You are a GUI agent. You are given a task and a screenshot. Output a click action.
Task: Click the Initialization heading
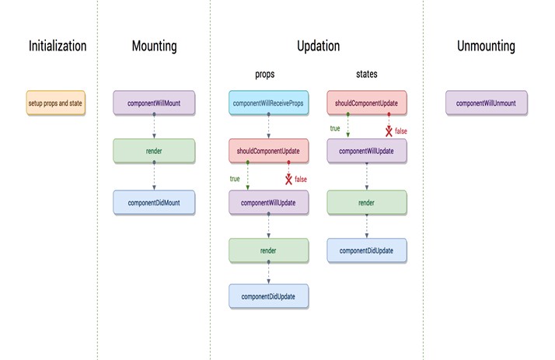pyautogui.click(x=58, y=46)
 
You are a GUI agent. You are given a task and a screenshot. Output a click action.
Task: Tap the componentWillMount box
pyautogui.click(x=154, y=103)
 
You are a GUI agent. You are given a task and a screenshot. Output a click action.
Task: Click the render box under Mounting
pyautogui.click(x=154, y=152)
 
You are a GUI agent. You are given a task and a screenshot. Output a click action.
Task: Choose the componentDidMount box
pyautogui.click(x=154, y=201)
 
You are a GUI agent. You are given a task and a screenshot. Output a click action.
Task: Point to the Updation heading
pyautogui.click(x=318, y=46)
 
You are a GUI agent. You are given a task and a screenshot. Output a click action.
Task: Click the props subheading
pyautogui.click(x=266, y=75)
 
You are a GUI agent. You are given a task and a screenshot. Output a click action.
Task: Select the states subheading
pyautogui.click(x=365, y=75)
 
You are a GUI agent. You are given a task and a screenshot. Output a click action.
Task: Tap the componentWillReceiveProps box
pyautogui.click(x=268, y=103)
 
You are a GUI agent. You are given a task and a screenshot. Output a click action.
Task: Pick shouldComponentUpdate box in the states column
pyautogui.click(x=366, y=103)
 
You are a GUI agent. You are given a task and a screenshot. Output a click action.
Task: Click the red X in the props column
pyautogui.click(x=289, y=180)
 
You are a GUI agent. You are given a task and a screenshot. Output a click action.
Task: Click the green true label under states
pyautogui.click(x=335, y=128)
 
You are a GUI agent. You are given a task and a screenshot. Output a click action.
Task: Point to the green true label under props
pyautogui.click(x=235, y=178)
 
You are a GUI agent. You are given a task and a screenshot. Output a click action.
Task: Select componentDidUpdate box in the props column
pyautogui.click(x=268, y=296)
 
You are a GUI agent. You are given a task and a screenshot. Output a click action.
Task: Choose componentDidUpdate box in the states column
pyautogui.click(x=366, y=250)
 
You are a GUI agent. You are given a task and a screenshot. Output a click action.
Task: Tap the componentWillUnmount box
pyautogui.click(x=487, y=103)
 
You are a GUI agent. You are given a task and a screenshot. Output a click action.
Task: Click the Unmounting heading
pyautogui.click(x=486, y=46)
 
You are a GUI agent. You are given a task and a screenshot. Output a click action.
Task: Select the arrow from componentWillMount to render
pyautogui.click(x=154, y=127)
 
